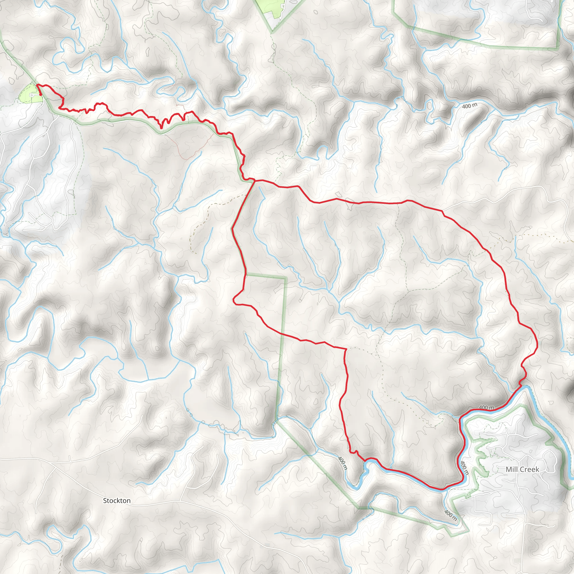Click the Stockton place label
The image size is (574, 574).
click(117, 501)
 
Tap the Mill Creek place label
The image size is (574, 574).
click(522, 469)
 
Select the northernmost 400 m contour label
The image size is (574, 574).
click(470, 105)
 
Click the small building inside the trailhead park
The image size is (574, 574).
click(31, 95)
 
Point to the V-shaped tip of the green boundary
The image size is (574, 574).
click(272, 31)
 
